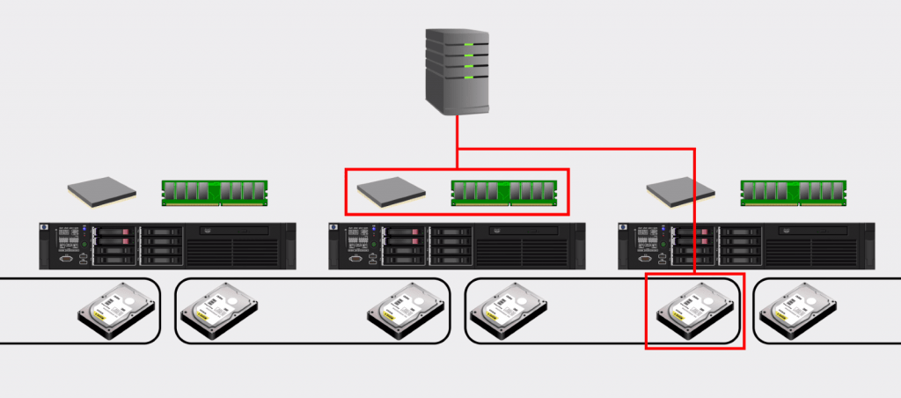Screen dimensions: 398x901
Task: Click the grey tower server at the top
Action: point(457,70)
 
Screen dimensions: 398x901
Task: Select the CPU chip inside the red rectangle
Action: point(392,193)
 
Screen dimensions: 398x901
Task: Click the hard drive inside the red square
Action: point(694,310)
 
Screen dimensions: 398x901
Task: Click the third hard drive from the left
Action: point(406,310)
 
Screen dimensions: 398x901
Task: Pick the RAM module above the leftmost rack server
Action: point(214,192)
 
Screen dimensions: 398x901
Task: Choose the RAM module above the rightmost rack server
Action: point(794,192)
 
